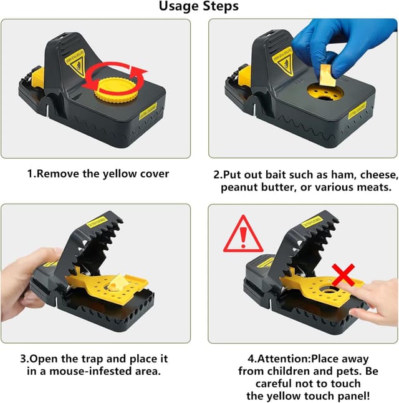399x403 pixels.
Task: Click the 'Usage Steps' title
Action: [199, 7]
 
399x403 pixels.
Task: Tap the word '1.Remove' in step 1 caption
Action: [53, 174]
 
